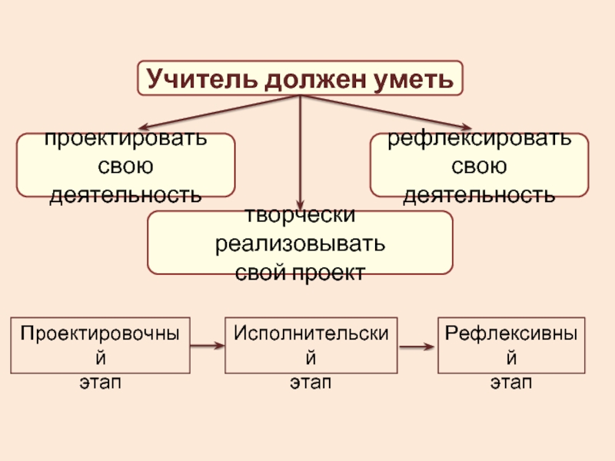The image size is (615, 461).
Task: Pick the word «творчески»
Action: (x=300, y=217)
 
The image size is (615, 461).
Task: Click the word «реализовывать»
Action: (x=300, y=245)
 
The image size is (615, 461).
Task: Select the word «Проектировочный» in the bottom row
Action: (x=101, y=334)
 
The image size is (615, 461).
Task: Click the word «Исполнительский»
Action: (x=311, y=334)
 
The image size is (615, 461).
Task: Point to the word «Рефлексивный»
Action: (x=511, y=334)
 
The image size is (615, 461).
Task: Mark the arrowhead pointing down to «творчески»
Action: (x=300, y=204)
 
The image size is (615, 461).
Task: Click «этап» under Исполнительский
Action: (x=311, y=382)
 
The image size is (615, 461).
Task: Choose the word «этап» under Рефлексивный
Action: (x=511, y=382)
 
